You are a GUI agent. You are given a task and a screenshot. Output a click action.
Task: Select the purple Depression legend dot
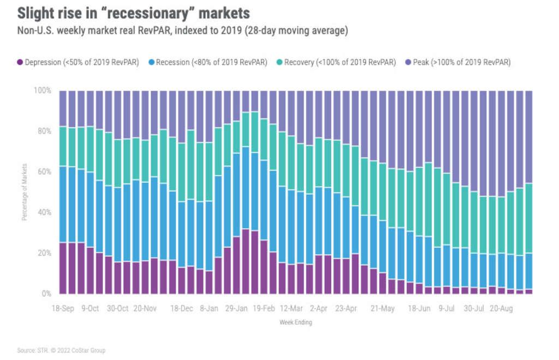pyautogui.click(x=21, y=62)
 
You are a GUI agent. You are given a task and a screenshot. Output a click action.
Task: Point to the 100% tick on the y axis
pyautogui.click(x=43, y=90)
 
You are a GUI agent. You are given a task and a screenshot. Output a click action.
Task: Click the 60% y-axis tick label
pyautogui.click(x=45, y=171)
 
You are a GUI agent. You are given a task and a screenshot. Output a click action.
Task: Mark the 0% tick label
pyautogui.click(x=46, y=293)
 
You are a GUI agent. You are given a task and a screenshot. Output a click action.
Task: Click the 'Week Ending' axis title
pyautogui.click(x=295, y=322)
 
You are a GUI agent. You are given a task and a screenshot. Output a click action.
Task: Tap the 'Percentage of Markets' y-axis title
pyautogui.click(x=25, y=192)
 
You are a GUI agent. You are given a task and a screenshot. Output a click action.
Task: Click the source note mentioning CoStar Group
pyautogui.click(x=61, y=350)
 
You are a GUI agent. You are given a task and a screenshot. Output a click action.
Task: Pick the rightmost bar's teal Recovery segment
pyautogui.click(x=528, y=218)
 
